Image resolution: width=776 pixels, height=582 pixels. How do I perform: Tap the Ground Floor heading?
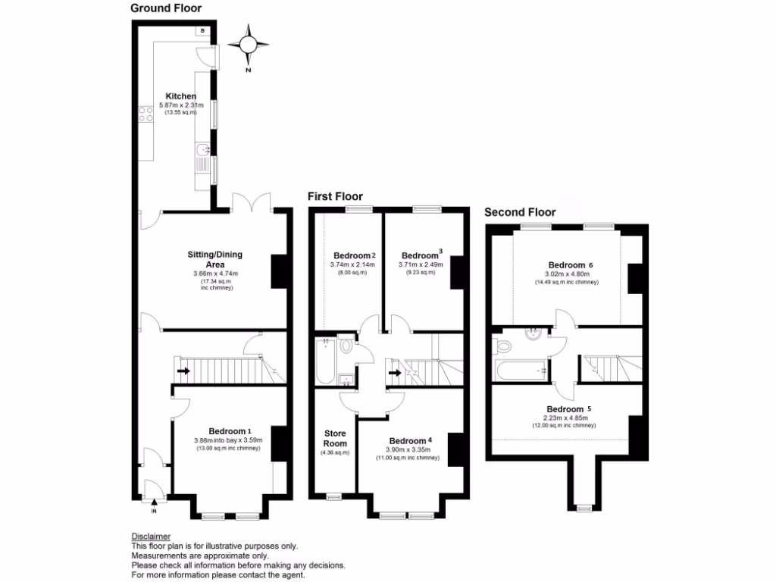166,9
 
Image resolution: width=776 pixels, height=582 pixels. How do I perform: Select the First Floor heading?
335,196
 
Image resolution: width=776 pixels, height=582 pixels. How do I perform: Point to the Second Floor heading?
520,212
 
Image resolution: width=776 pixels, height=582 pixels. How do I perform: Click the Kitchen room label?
181,96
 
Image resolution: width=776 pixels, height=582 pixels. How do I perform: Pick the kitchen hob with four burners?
145,114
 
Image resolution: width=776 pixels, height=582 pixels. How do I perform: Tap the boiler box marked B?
203,31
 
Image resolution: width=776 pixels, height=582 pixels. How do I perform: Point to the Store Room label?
335,438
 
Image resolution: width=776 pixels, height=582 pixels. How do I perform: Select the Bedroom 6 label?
568,264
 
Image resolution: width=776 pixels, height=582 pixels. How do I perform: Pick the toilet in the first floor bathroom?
346,346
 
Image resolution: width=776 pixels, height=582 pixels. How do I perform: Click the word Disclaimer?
151,537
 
